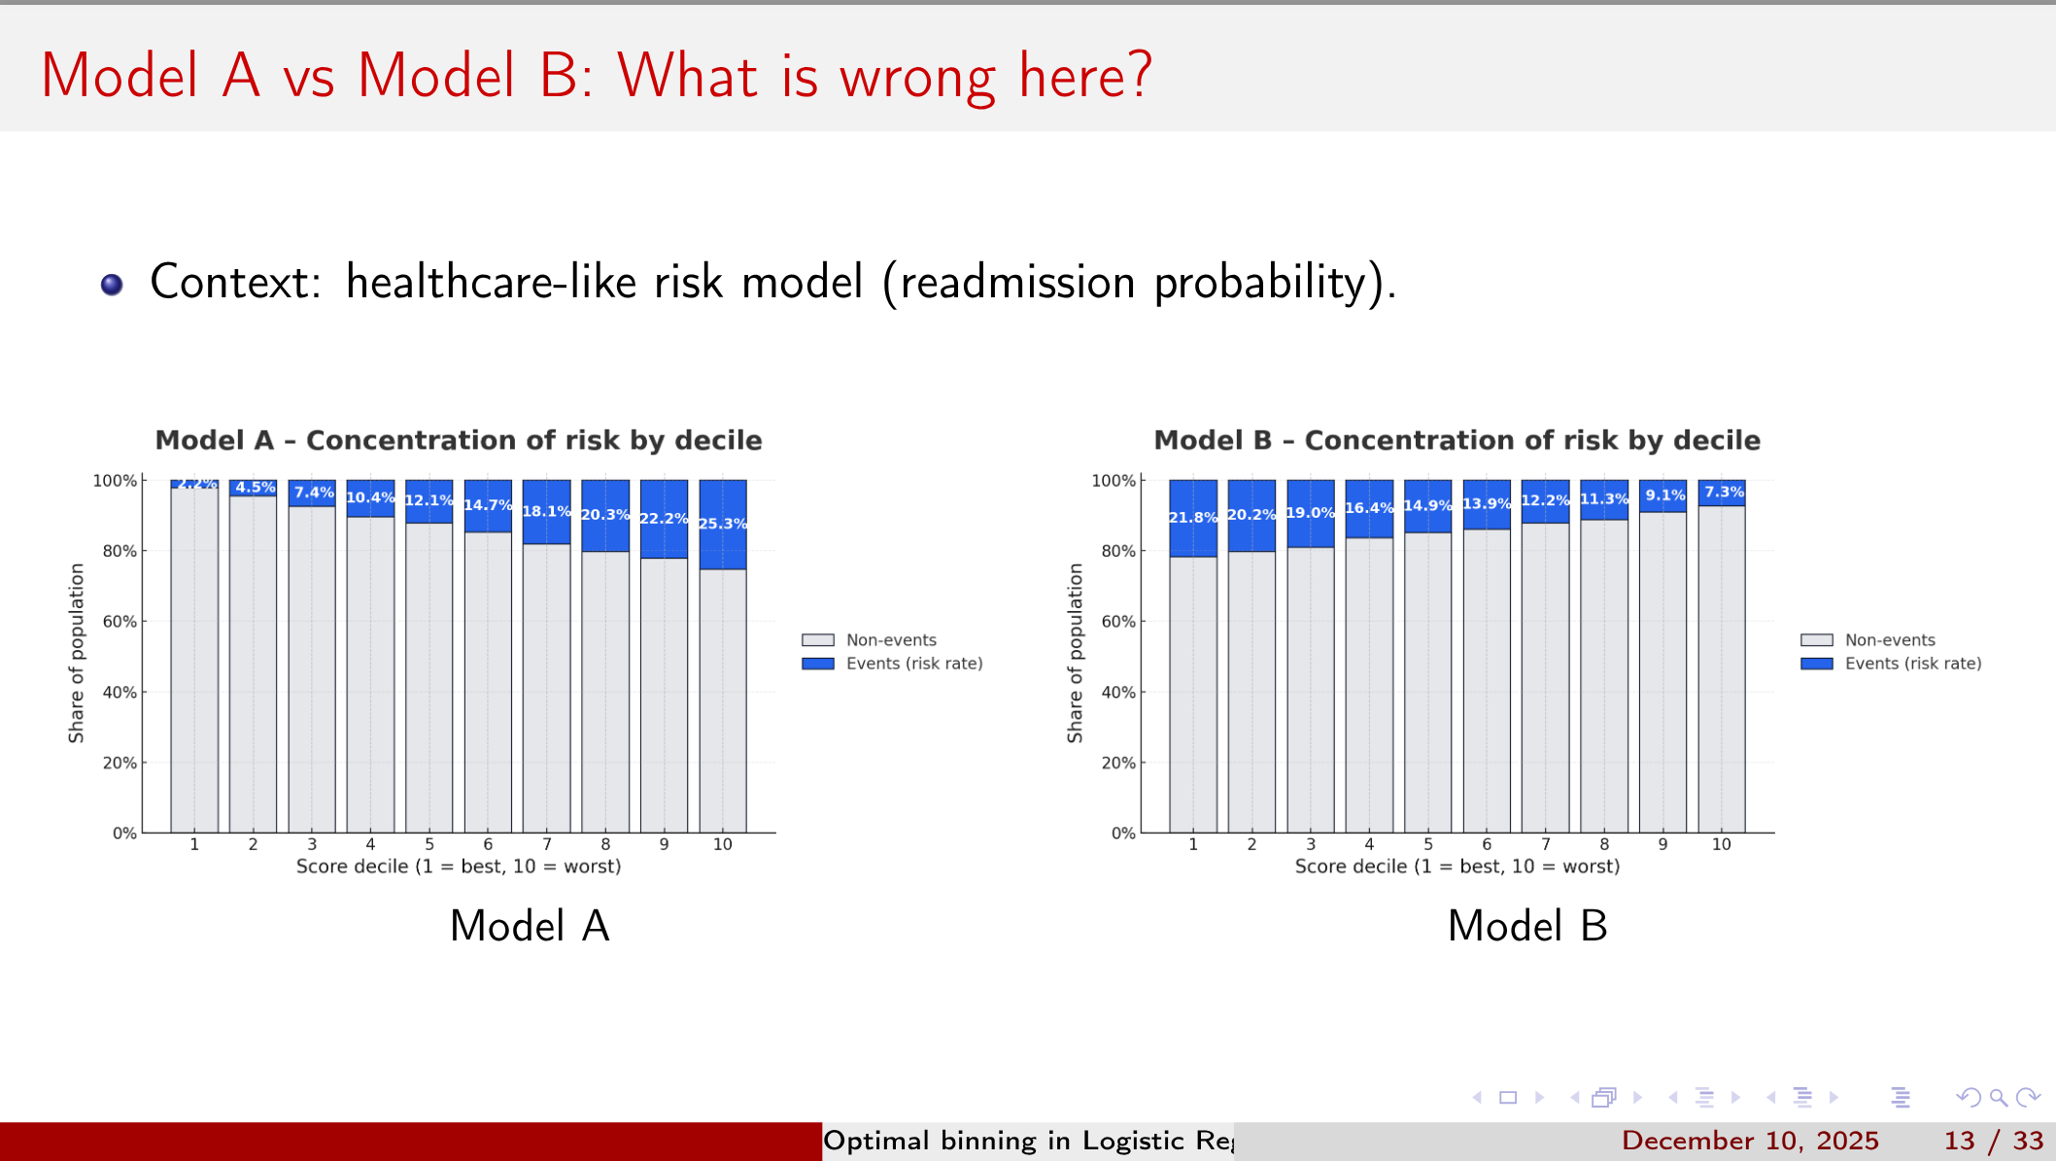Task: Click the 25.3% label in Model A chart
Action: pos(723,524)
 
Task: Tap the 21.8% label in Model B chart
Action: pos(1192,517)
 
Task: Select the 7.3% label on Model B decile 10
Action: pos(1724,492)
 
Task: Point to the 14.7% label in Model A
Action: pos(488,504)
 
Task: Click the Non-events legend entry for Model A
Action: pos(890,639)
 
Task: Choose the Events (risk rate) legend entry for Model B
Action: pos(1912,664)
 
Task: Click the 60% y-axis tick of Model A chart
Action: pos(120,622)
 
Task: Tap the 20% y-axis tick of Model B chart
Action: pos(1118,763)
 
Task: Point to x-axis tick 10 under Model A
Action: pos(722,844)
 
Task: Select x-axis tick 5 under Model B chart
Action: pos(1427,844)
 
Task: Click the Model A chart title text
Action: pos(459,440)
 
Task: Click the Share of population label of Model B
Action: pos(1075,653)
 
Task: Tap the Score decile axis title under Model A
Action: pos(459,866)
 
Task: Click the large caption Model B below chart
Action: pos(1526,925)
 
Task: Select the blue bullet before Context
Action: pos(112,284)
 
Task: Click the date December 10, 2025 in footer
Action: pos(1749,1140)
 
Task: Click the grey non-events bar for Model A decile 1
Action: pos(194,661)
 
